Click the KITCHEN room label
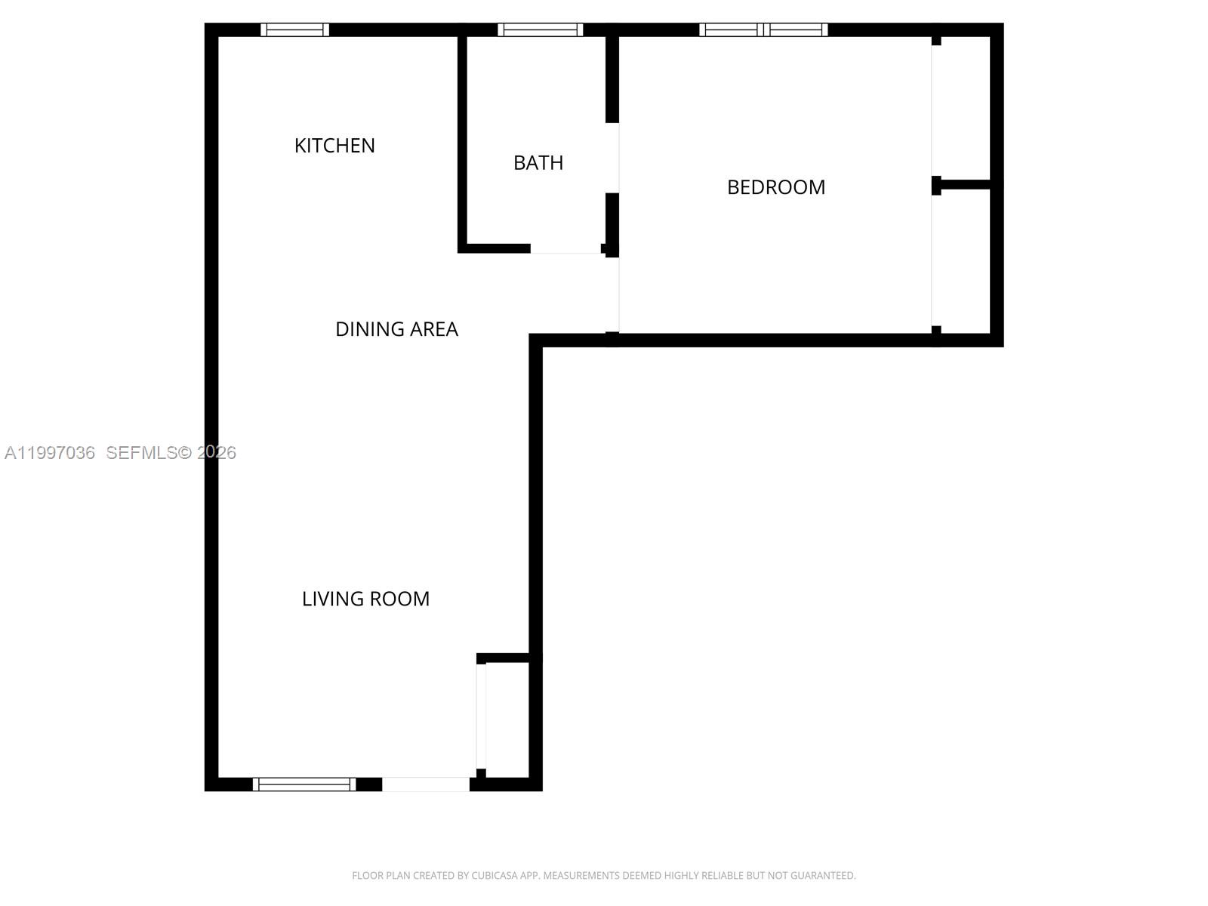point(334,145)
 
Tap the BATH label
point(538,162)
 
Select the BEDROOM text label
point(776,187)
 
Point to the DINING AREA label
point(396,329)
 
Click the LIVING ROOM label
point(365,599)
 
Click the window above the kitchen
point(294,30)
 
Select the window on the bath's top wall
point(540,30)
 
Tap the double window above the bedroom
point(763,30)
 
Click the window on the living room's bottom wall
point(304,784)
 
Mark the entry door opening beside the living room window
point(426,784)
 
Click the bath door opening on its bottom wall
point(565,248)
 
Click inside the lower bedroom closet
point(964,260)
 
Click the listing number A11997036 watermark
point(50,453)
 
